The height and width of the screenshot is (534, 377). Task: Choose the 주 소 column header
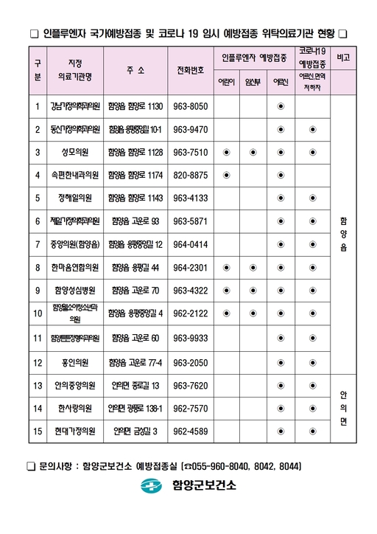[x=135, y=71]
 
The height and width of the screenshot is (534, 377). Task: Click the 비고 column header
[x=342, y=56]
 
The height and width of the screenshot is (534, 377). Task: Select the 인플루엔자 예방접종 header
[x=253, y=56]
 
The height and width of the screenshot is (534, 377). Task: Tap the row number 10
[x=38, y=313]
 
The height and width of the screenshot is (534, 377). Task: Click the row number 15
[x=38, y=431]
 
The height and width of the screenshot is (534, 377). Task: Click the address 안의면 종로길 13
[x=135, y=385]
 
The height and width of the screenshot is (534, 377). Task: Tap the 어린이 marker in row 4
[x=226, y=176]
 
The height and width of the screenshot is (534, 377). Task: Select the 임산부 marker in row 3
[x=253, y=153]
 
